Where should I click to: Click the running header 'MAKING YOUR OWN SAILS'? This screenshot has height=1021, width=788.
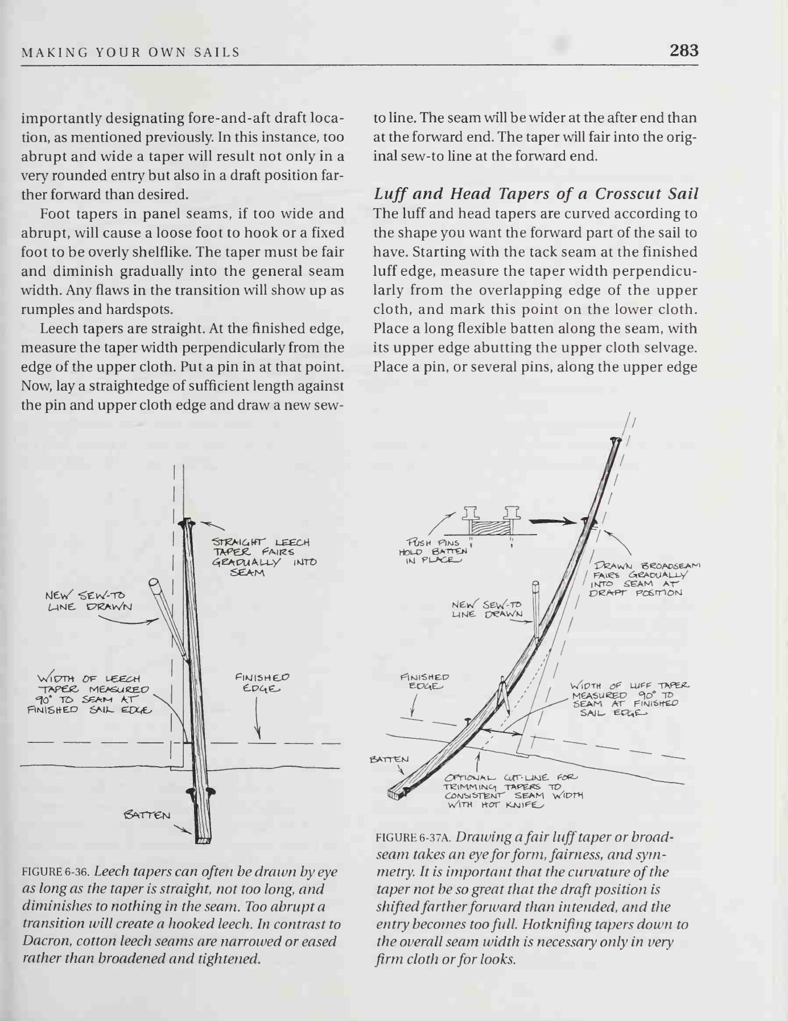click(130, 53)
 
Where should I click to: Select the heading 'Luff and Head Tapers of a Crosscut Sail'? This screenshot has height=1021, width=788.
click(535, 194)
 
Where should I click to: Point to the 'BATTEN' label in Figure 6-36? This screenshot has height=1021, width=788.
click(146, 816)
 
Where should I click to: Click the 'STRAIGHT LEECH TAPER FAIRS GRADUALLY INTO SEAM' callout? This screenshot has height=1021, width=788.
click(263, 557)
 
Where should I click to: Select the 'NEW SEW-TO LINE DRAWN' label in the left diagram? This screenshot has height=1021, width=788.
click(88, 601)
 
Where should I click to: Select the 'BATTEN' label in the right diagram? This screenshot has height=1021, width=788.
click(389, 759)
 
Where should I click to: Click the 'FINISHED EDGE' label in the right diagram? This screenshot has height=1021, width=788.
click(424, 681)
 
